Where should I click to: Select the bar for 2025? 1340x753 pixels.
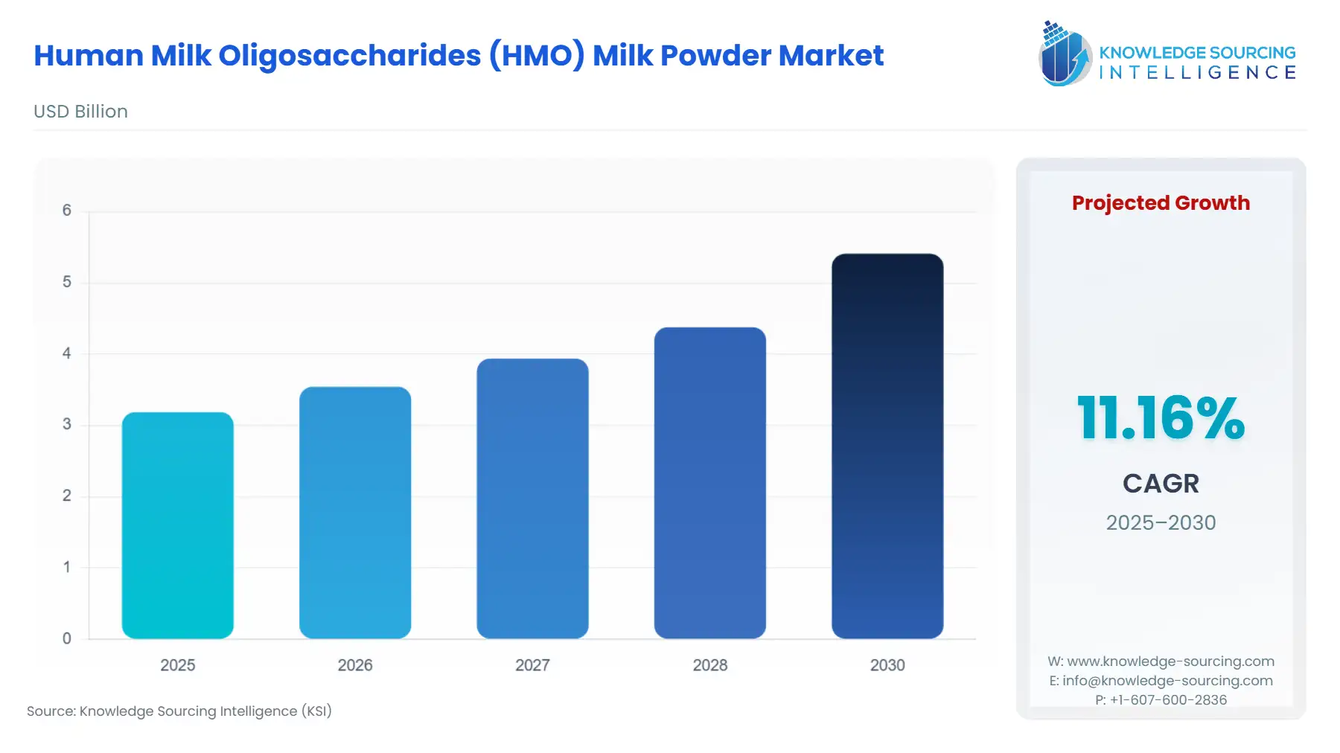(177, 525)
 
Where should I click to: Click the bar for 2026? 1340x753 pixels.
(355, 512)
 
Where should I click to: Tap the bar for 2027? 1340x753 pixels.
(532, 499)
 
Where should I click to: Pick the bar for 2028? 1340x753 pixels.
(709, 482)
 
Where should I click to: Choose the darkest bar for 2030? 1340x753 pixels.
(887, 446)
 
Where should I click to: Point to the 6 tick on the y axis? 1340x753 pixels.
(67, 211)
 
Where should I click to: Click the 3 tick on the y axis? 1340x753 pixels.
(67, 424)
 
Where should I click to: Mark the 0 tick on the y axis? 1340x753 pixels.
(67, 638)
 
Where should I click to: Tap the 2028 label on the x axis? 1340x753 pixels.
(709, 665)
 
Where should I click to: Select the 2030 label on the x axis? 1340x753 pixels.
(887, 665)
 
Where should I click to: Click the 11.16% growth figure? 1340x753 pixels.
(1161, 418)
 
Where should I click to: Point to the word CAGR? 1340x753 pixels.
(1161, 484)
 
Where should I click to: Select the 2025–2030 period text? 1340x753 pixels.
(1161, 522)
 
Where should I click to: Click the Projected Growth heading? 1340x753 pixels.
(1161, 203)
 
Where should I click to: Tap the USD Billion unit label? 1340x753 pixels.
(80, 112)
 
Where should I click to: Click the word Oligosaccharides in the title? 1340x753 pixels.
(350, 56)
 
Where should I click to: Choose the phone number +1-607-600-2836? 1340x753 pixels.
(1168, 700)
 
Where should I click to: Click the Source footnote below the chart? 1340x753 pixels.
(179, 711)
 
